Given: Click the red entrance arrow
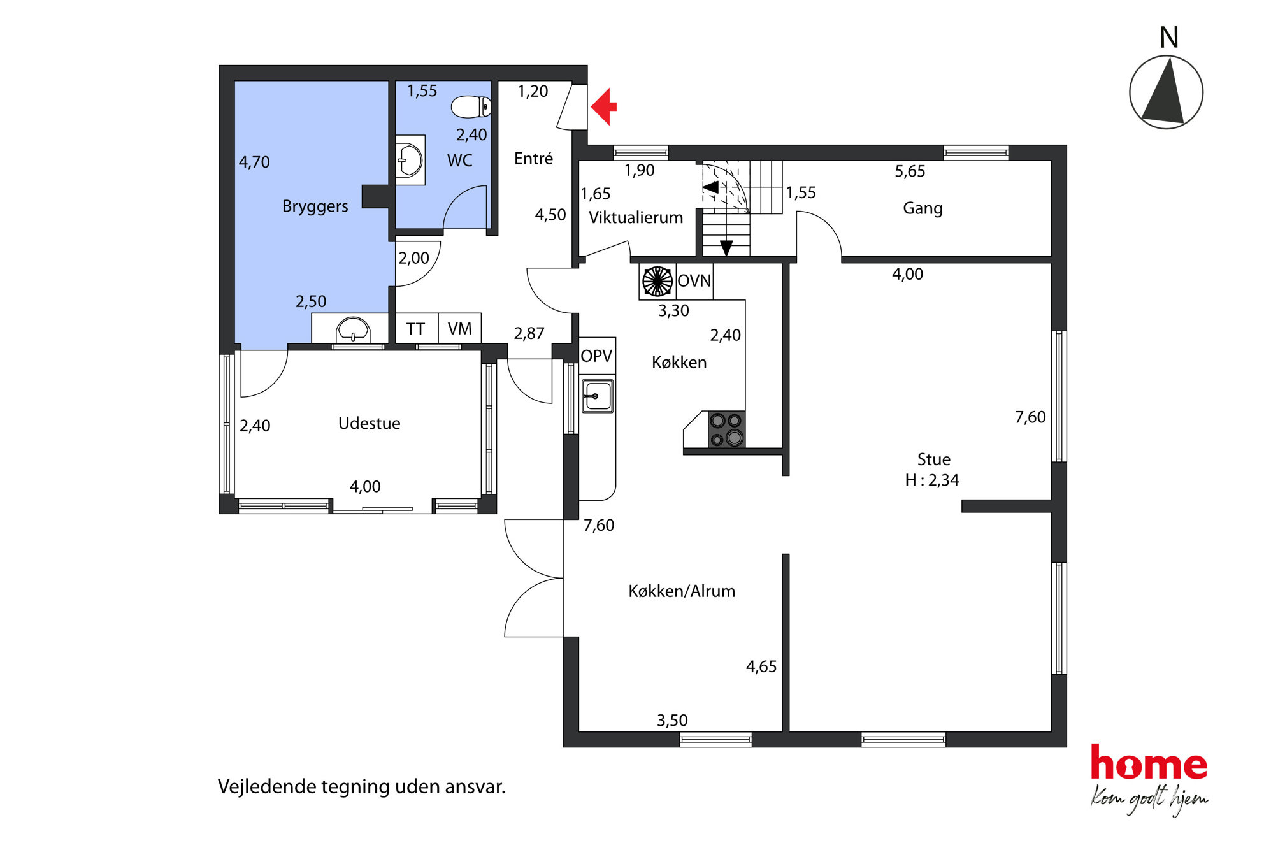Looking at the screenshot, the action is tap(604, 106).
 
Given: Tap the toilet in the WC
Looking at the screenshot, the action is tap(471, 106).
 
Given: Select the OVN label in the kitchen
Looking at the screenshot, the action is tap(694, 280).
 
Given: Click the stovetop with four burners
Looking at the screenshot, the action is tap(726, 429).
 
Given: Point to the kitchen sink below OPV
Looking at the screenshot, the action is tap(597, 396).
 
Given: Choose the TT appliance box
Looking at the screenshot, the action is tap(416, 329).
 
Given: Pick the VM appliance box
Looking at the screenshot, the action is tap(459, 329).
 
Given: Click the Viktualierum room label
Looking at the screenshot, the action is tap(635, 218).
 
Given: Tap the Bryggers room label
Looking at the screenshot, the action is tap(315, 206).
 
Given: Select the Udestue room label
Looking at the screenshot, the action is tap(369, 424).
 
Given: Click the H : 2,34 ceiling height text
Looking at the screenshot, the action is tap(931, 480).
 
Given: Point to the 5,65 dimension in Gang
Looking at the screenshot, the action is tap(910, 171).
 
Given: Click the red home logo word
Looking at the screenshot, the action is tap(1149, 763).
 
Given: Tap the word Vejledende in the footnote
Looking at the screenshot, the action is tap(267, 787).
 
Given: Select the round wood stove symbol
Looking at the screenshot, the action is tap(657, 281).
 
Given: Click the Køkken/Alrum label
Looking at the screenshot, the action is tap(682, 591).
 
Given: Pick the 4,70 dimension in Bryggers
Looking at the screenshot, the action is tap(254, 162).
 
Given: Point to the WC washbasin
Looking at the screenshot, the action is tap(410, 160).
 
